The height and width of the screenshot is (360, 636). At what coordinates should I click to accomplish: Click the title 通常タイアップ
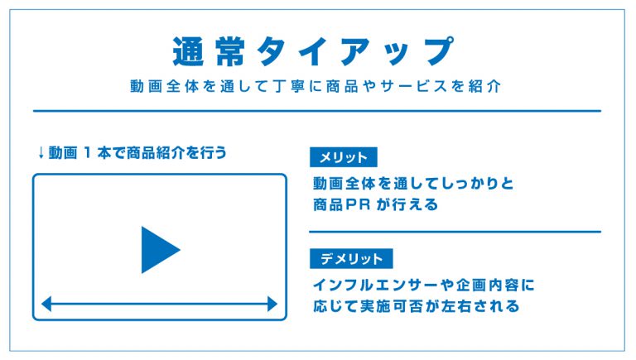pos(313,51)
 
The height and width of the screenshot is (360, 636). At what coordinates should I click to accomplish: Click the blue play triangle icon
pos(158,250)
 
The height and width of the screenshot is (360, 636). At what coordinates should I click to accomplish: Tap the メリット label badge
pos(344,157)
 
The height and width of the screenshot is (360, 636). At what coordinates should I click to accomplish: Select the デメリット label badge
pos(351,259)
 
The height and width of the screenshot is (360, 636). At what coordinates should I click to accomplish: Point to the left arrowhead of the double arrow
pos(46,304)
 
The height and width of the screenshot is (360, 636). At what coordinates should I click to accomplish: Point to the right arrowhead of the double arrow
pos(272,304)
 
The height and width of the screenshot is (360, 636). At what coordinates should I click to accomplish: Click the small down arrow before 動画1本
pos(41,153)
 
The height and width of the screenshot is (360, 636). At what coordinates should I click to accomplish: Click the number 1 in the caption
pos(87,153)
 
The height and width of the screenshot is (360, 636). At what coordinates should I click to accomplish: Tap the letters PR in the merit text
pos(358,204)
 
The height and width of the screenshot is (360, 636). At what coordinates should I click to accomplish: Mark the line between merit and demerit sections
pos(455,232)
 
